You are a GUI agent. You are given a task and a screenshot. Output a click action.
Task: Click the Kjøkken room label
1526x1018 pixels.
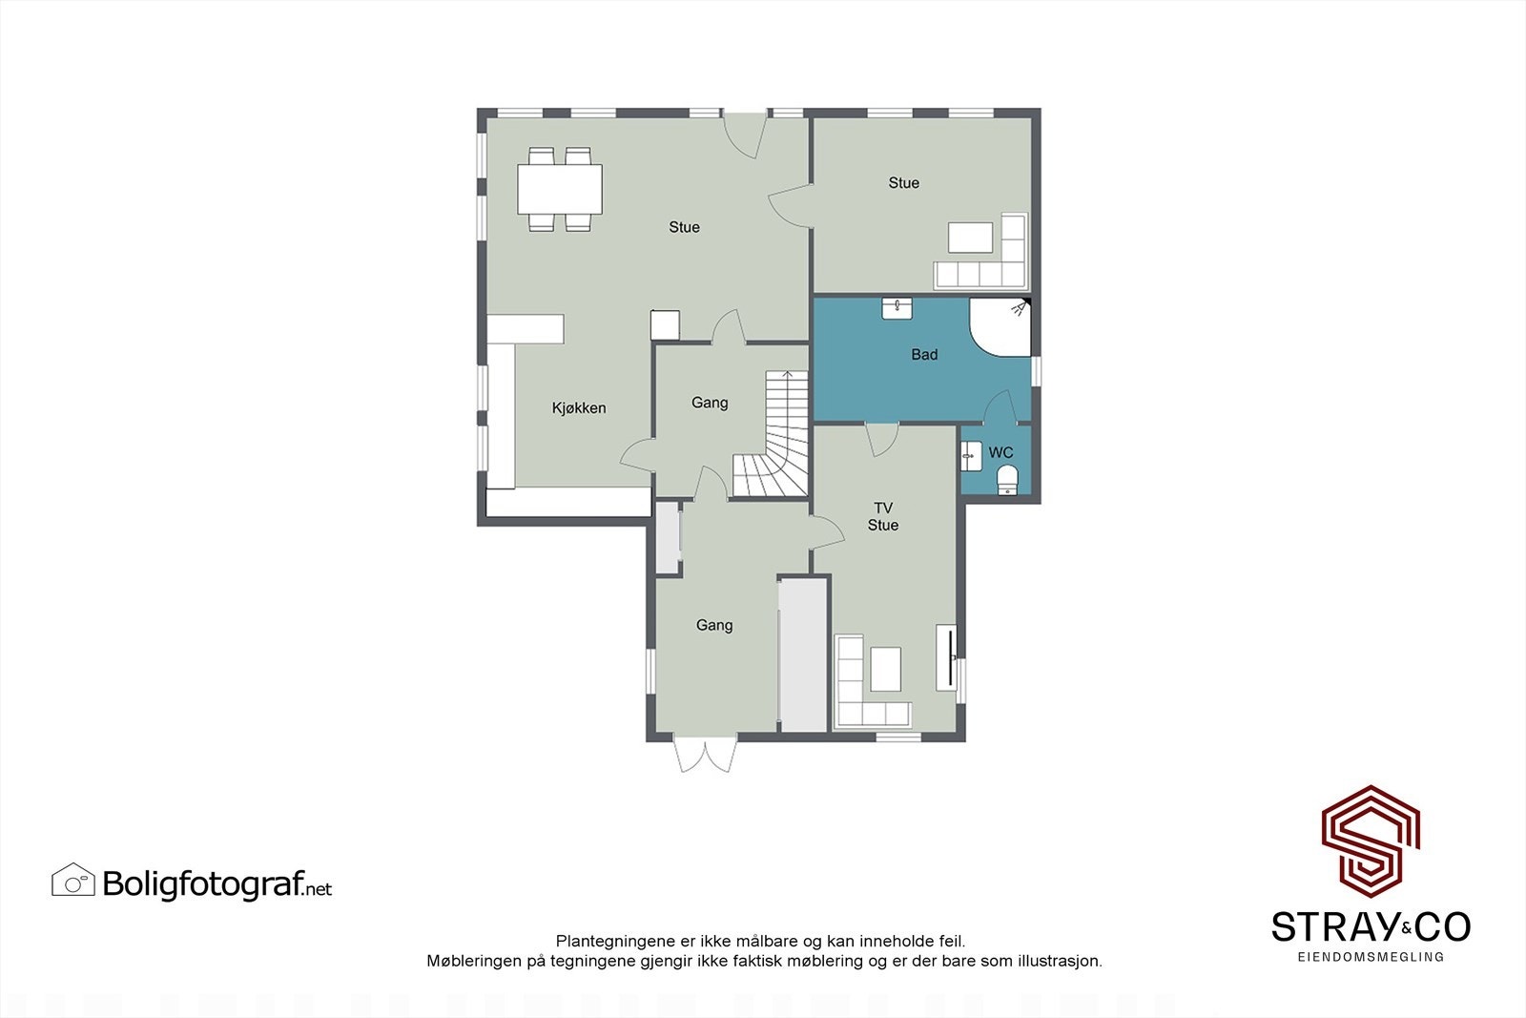click(x=579, y=408)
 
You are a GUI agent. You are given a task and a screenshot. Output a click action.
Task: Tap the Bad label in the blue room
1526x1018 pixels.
click(x=924, y=355)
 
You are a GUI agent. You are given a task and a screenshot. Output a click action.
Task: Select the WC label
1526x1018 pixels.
click(x=1000, y=452)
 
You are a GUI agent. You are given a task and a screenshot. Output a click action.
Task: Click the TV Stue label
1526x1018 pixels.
click(x=883, y=516)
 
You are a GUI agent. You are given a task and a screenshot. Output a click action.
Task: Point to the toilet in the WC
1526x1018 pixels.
click(x=1007, y=481)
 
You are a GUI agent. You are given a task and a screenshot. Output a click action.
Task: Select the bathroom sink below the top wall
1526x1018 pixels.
click(x=897, y=308)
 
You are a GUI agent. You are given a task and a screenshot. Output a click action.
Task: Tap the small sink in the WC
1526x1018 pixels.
click(x=971, y=456)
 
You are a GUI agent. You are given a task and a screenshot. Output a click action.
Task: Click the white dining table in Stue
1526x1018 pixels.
click(x=560, y=189)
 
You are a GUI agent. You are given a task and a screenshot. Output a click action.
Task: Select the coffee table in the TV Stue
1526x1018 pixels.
click(x=885, y=669)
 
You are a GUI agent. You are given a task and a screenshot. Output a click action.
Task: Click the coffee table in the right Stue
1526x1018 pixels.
click(x=970, y=238)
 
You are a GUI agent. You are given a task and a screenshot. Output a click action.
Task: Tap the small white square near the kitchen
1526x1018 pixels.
click(x=665, y=325)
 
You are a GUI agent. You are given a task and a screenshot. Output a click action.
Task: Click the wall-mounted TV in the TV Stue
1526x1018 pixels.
click(x=945, y=656)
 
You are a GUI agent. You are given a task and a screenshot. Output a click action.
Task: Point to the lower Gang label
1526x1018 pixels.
click(x=714, y=626)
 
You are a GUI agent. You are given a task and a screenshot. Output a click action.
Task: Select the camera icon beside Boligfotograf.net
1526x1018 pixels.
click(x=73, y=881)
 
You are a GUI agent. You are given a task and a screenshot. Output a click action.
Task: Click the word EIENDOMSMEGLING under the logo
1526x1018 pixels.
click(x=1371, y=956)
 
